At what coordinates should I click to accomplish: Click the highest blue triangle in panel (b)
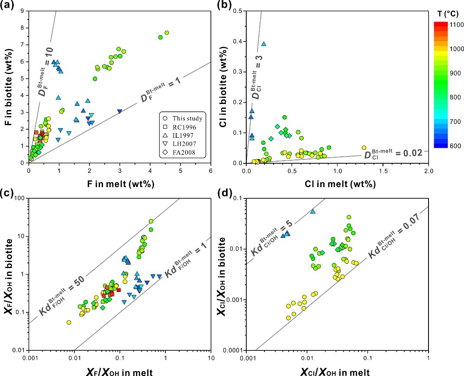tap(264, 44)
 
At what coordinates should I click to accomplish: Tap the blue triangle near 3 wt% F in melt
tap(119, 111)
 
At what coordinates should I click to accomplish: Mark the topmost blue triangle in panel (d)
tap(313, 211)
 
